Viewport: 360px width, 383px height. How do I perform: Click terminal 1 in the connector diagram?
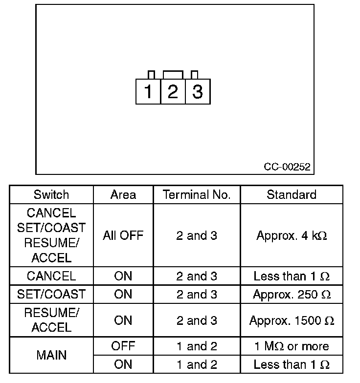tap(148, 91)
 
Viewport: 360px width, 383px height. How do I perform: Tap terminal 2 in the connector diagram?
tap(173, 91)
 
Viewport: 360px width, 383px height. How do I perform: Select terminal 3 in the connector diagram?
tap(198, 91)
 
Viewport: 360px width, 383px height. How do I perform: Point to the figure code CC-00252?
tap(287, 167)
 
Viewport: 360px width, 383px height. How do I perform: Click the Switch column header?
tap(51, 194)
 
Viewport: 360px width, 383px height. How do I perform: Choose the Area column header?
tap(123, 194)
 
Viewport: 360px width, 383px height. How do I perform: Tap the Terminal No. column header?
tap(197, 194)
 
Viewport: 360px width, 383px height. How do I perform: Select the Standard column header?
tap(292, 194)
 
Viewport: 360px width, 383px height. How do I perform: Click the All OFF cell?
tap(123, 235)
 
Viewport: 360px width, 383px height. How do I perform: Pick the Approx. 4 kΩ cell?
tap(292, 235)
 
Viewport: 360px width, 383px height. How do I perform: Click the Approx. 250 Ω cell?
tap(292, 295)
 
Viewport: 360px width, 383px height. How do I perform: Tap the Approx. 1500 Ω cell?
tap(292, 320)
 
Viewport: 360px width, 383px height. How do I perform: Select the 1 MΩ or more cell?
tap(292, 346)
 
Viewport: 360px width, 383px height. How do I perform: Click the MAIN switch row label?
tap(51, 355)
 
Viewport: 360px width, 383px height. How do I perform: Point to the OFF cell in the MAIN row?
tap(123, 346)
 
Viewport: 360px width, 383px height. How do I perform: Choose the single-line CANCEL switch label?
tap(51, 276)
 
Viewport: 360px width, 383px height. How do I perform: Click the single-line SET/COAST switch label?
tap(51, 295)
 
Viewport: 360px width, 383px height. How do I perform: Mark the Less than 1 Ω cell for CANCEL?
tap(292, 276)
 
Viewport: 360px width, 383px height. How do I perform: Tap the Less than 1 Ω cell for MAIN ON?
tap(292, 364)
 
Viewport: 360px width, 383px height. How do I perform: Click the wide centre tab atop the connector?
tap(173, 74)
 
